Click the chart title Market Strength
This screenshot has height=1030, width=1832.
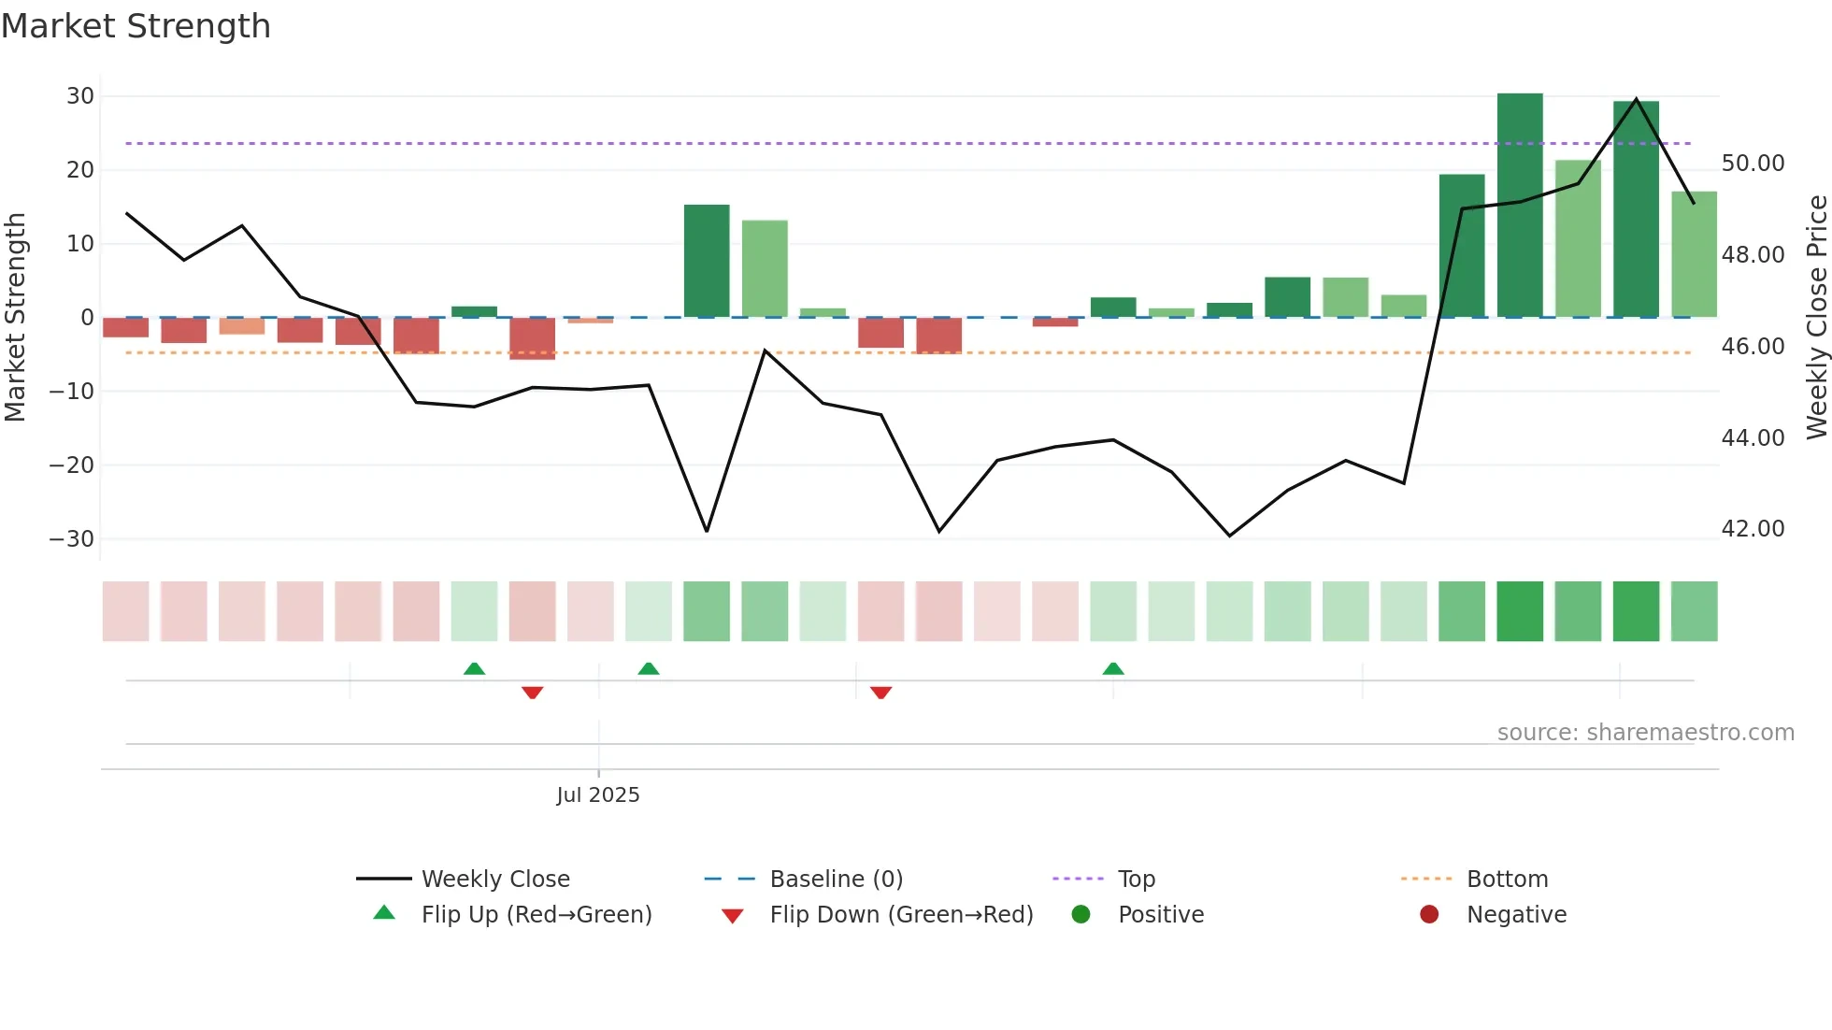point(136,26)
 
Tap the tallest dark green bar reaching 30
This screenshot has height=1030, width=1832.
point(1520,206)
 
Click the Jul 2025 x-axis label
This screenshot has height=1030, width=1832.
point(598,795)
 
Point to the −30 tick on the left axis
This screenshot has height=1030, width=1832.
point(72,539)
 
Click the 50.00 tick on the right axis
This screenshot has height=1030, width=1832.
point(1753,164)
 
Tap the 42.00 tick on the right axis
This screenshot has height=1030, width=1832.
point(1753,529)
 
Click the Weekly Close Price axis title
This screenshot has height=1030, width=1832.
point(1816,318)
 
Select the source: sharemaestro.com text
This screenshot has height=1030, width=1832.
point(1645,733)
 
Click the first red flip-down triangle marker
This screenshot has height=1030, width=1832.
point(532,693)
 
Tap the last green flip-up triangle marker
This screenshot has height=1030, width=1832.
point(1112,668)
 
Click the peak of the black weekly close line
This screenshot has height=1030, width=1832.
point(1636,99)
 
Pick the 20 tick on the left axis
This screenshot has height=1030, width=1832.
point(80,170)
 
